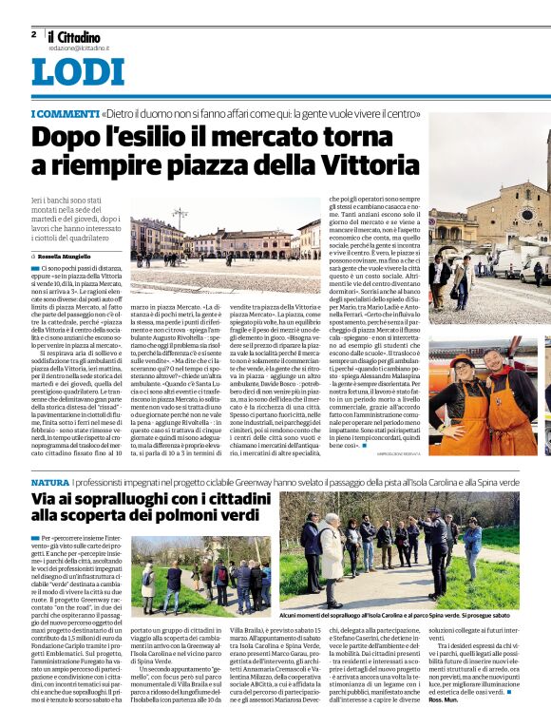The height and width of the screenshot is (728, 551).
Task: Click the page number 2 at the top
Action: point(33,33)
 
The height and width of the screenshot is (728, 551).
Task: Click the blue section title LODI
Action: point(78,74)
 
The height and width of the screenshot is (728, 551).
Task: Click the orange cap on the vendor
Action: point(465,362)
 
